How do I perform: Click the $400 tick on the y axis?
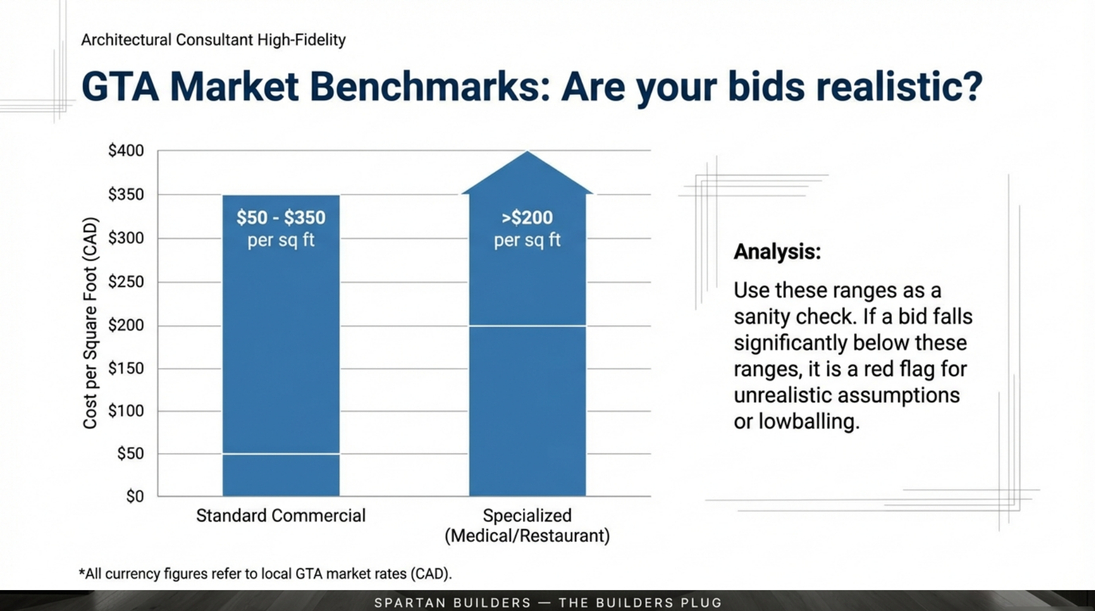(126, 150)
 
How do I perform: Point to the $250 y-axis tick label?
(126, 282)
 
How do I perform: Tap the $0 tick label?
(135, 496)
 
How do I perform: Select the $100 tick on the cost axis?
(126, 411)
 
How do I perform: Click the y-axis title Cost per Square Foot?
(90, 323)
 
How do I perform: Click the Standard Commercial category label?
(281, 516)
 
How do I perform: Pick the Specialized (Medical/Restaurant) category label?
(527, 526)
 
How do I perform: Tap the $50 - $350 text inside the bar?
(281, 217)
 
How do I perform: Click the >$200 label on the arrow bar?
(527, 217)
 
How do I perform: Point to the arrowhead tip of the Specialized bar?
(527, 153)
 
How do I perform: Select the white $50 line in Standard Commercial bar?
(281, 454)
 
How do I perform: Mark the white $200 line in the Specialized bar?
(527, 326)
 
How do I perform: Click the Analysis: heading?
(777, 252)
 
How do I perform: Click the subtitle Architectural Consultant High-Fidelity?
(213, 40)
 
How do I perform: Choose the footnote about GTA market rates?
(265, 574)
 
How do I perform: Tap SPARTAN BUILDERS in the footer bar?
(452, 603)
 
